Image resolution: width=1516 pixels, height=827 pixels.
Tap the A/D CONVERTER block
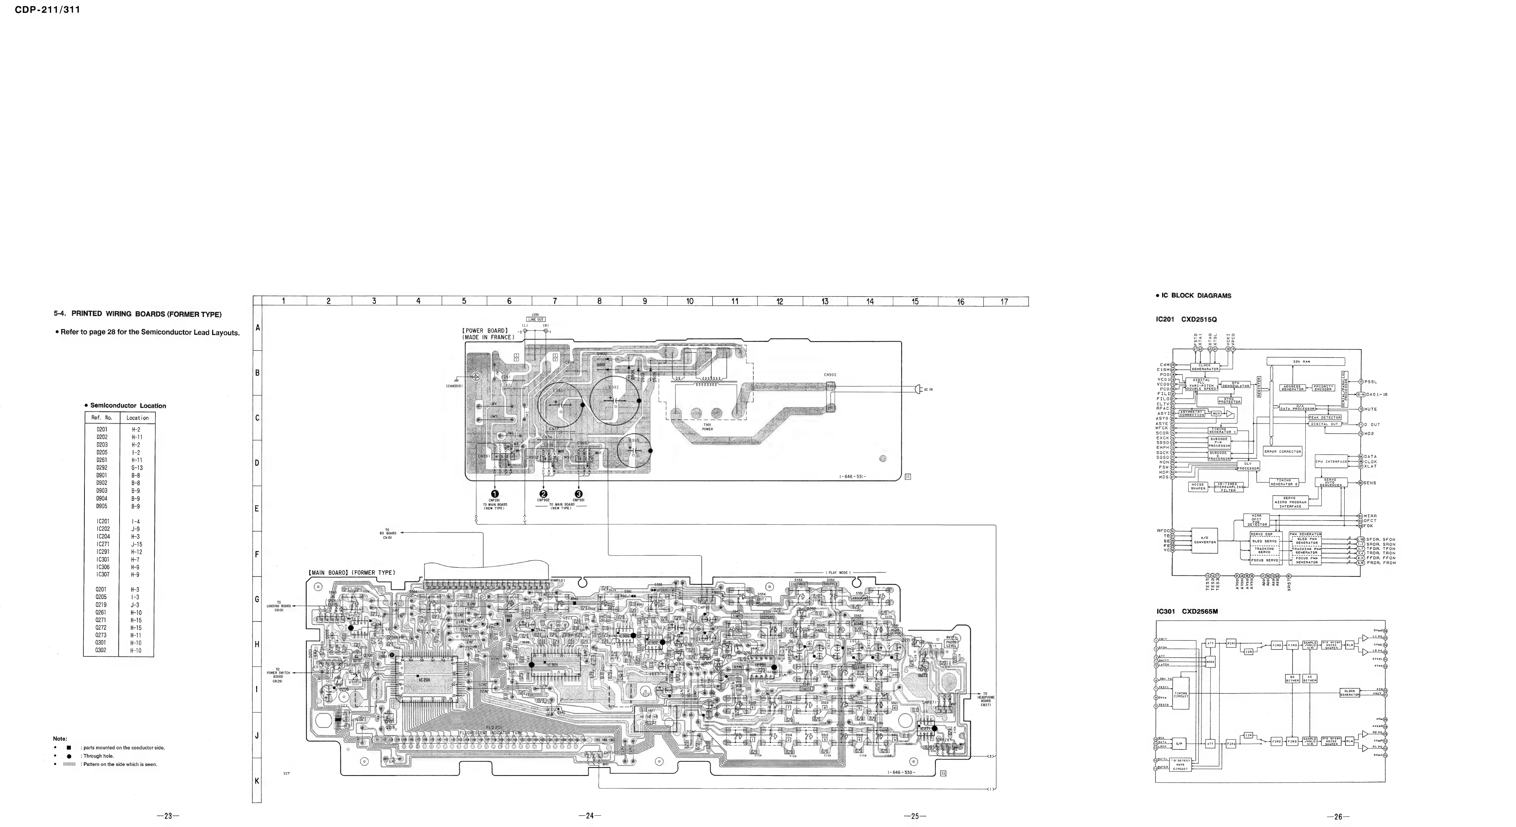[1205, 540]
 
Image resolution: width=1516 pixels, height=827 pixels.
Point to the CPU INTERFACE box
[1331, 462]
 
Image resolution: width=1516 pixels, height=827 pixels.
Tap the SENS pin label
[1370, 483]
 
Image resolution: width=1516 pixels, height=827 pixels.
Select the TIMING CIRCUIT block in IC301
[1181, 695]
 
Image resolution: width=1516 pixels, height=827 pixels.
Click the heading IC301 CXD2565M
[1186, 612]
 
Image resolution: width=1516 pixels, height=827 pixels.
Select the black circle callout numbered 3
[578, 494]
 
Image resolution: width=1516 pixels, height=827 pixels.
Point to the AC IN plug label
[928, 390]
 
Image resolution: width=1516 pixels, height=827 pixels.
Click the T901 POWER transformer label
[707, 426]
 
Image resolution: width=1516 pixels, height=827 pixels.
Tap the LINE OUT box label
[536, 319]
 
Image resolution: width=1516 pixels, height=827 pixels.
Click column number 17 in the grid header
[1005, 302]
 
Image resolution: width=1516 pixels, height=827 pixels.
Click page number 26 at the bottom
[1338, 817]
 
